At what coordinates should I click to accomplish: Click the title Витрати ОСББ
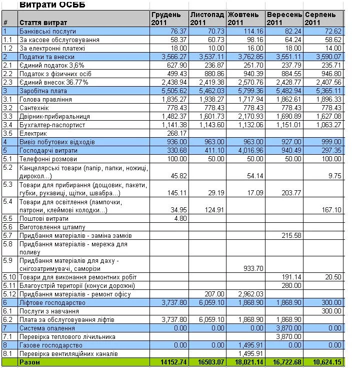tap(52, 5)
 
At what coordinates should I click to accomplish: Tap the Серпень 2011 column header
tap(323, 19)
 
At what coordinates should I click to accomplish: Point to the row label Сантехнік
tap(35, 108)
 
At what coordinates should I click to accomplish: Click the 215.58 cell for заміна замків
tap(292, 235)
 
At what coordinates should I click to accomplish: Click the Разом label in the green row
tap(29, 361)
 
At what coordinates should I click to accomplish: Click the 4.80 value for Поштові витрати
tap(181, 218)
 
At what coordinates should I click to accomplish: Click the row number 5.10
tap(9, 276)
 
